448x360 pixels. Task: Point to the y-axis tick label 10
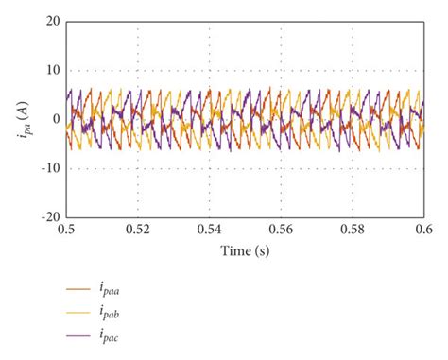tap(51, 70)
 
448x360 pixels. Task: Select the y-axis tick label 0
tap(55, 119)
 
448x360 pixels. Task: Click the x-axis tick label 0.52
tap(138, 230)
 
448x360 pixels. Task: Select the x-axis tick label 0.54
tap(210, 230)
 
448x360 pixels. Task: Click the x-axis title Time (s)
tap(245, 251)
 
